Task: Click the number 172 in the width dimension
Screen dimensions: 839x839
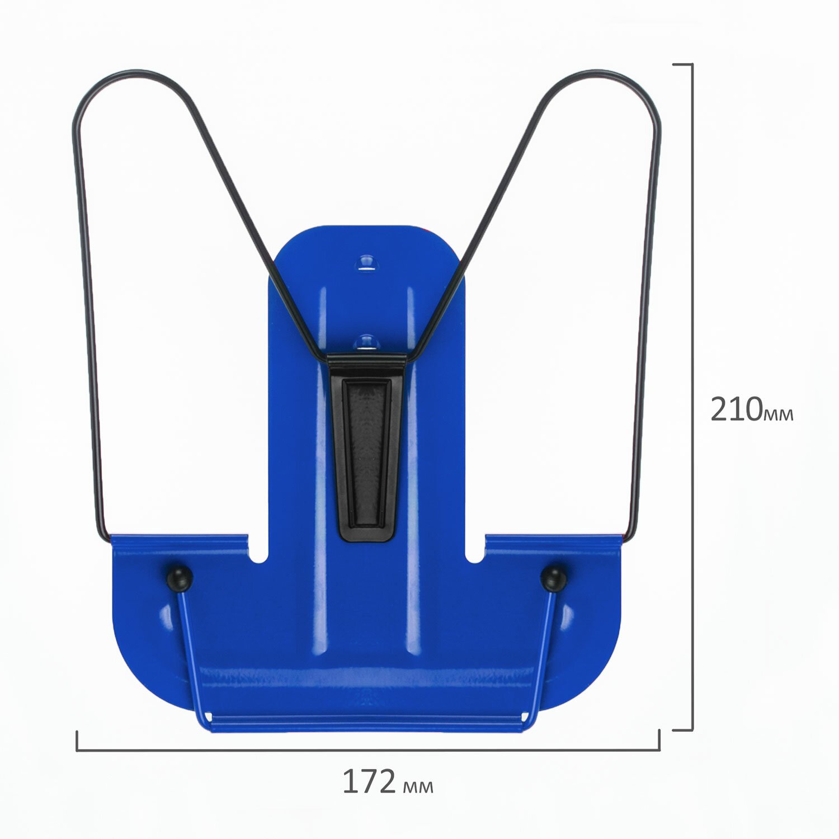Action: click(x=369, y=782)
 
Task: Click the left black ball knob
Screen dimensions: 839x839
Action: click(x=180, y=578)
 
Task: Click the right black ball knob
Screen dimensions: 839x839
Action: click(x=554, y=579)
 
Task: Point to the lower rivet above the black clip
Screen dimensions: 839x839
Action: click(x=367, y=342)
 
